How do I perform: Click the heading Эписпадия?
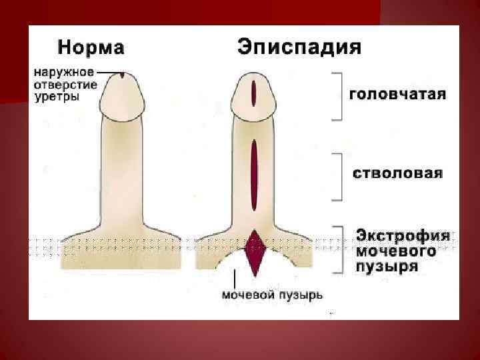[299, 47]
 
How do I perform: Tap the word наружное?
[64, 71]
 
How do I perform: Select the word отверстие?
[65, 84]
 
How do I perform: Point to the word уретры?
[57, 97]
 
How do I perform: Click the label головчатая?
[399, 94]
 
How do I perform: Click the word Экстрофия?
[403, 236]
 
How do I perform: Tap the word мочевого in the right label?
[396, 251]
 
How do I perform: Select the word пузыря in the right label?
[387, 267]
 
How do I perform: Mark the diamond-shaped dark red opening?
[255, 252]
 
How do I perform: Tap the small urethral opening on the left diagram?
[123, 75]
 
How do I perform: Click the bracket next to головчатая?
[339, 95]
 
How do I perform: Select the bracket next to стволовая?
[339, 176]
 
